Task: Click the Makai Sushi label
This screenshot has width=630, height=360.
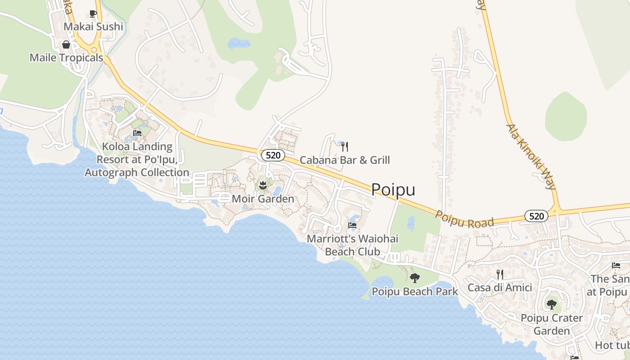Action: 93,27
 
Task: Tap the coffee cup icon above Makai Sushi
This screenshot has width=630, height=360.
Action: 93,13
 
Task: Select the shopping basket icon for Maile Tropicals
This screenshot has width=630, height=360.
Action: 66,45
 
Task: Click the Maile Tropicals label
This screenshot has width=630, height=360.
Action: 66,58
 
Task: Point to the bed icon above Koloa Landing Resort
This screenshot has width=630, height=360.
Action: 137,133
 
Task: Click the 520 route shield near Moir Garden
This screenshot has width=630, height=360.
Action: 273,155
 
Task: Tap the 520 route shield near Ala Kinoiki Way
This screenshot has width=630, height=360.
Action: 536,216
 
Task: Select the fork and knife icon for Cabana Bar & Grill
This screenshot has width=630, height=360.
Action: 345,146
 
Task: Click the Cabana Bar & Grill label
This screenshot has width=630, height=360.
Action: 345,160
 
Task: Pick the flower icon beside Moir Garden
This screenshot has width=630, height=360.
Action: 263,185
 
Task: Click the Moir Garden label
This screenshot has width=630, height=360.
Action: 263,198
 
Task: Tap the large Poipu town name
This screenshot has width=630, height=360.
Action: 393,190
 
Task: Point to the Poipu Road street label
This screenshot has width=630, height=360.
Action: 464,220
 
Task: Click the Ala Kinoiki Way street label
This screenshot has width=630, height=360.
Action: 531,156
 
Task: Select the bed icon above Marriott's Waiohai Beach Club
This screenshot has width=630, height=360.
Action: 352,225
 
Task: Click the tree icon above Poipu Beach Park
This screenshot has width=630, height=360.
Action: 415,278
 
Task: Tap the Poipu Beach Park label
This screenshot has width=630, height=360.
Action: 415,292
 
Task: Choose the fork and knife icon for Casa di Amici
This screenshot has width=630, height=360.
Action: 499,274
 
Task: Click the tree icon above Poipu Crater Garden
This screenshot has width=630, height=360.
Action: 552,305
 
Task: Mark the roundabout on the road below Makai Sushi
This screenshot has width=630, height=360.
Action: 94,50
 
